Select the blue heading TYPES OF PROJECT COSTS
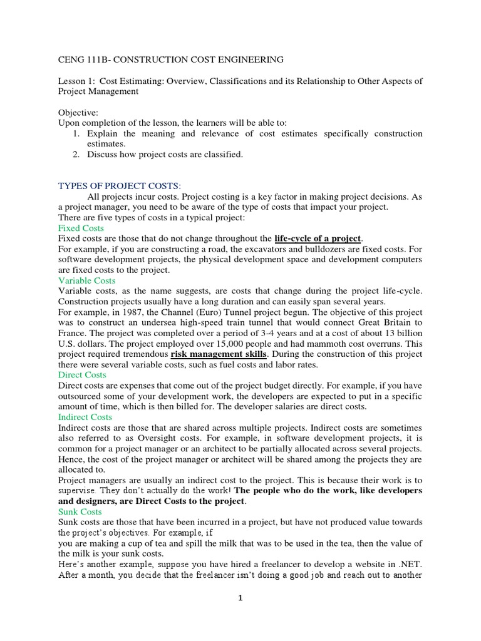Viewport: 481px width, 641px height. pos(119,185)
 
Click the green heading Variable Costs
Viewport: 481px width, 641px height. pos(87,281)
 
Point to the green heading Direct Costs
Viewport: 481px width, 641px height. pos(83,374)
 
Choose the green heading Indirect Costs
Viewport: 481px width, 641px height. pos(85,417)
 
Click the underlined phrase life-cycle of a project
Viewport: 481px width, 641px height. pos(318,238)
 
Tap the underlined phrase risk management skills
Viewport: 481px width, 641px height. pos(215,354)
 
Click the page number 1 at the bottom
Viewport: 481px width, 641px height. pos(240,598)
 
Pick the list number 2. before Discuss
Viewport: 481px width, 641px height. pos(75,155)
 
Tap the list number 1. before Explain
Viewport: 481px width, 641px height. pos(75,134)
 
